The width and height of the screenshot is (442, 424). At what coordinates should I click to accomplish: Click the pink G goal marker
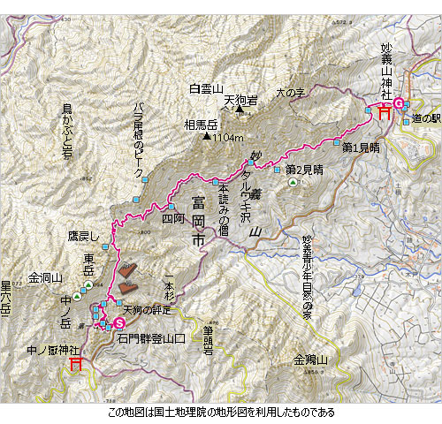coord(398,102)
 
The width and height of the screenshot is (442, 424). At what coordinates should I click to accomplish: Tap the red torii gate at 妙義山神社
coord(385,112)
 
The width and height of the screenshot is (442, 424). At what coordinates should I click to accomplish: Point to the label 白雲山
coord(206,87)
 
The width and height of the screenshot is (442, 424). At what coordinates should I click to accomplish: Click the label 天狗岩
coord(240,101)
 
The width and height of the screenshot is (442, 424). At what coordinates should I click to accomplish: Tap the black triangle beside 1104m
coord(205,137)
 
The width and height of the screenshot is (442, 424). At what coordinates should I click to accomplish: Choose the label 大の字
coord(289,91)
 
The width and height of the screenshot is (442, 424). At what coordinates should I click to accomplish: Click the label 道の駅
coord(424,117)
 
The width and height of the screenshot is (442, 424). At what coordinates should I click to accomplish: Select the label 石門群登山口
coord(156,337)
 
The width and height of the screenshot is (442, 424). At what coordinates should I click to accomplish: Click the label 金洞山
coord(46,276)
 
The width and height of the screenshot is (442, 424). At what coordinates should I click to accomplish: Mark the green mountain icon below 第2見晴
coord(293,181)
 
